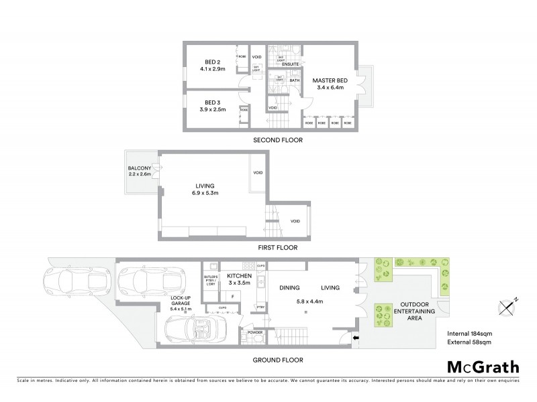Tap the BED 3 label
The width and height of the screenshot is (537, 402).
pos(212,102)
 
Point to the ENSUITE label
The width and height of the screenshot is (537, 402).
pos(290,64)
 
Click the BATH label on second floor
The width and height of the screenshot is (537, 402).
pos(294,80)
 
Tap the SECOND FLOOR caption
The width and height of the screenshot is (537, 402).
pos(277,141)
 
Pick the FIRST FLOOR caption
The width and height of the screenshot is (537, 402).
pos(277,247)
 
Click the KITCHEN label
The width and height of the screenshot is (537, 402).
pos(238,275)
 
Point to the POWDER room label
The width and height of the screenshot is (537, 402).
pos(255,332)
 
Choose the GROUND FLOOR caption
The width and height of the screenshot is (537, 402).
pos(277,360)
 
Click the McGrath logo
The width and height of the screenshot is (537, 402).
pos(483,367)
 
